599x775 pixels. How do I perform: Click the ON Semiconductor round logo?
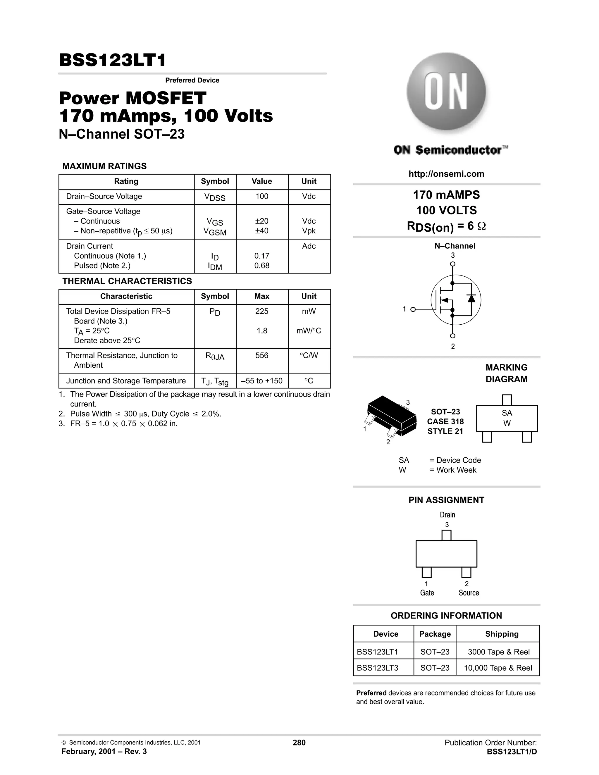pos(446,92)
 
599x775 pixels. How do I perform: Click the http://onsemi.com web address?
pos(446,174)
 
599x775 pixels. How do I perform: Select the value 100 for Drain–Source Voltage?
pos(262,197)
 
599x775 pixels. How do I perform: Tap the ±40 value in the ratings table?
pos(262,231)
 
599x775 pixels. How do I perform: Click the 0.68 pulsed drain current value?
pos(262,266)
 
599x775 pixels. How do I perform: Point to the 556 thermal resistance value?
pos(262,356)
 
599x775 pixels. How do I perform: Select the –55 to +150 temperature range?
pos(262,381)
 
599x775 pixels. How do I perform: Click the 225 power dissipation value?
pos(262,311)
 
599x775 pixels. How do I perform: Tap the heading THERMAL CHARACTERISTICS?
pos(127,281)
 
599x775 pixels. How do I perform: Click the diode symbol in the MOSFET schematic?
pos(471,298)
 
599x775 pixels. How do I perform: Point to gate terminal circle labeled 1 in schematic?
pos(413,309)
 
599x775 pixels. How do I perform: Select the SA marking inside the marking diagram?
pos(507,413)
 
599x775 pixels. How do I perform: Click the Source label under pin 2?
pos(469,593)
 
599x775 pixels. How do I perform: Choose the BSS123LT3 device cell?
pos(378,668)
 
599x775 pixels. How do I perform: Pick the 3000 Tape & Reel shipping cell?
pos(499,652)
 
